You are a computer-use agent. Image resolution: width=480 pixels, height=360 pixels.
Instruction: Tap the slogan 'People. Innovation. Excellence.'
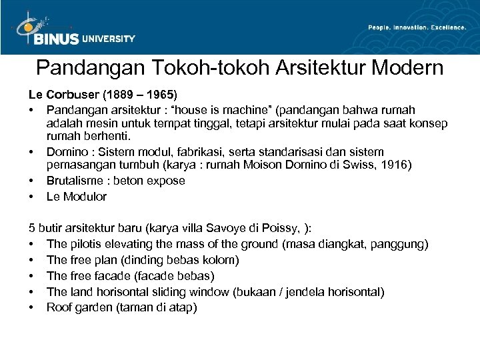[x=417, y=27]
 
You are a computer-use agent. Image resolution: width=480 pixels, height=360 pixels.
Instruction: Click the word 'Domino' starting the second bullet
[x=65, y=153]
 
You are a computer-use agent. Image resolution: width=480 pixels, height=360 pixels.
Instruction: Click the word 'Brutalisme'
[x=75, y=181]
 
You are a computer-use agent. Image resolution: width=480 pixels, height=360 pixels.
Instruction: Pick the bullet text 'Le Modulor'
[x=76, y=197]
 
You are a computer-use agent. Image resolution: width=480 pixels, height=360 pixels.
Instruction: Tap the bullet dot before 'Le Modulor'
[x=31, y=197]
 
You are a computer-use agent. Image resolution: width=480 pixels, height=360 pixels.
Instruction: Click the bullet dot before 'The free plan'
[x=31, y=260]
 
